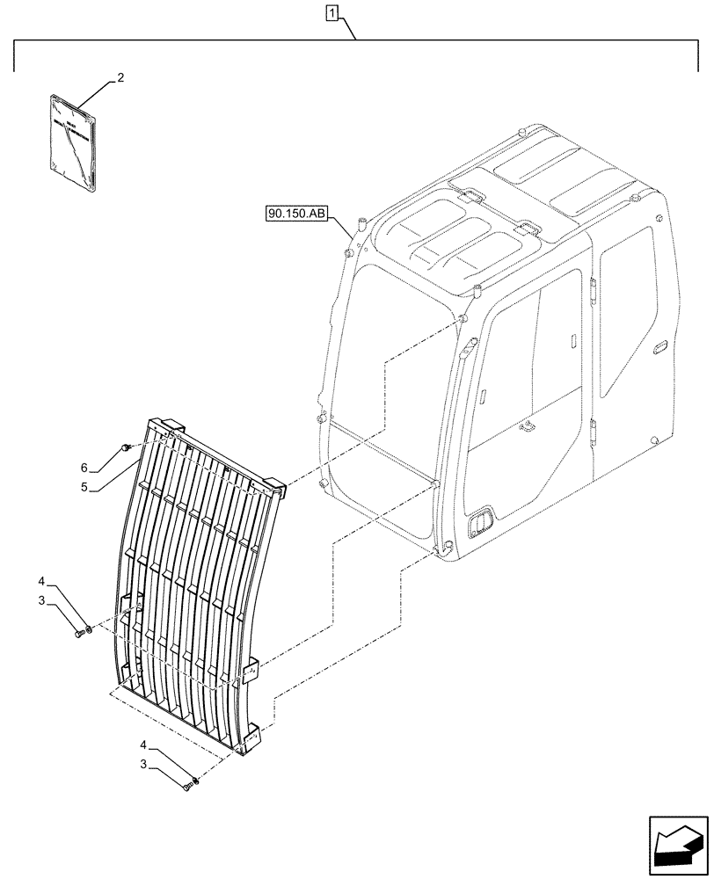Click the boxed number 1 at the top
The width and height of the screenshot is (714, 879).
331,13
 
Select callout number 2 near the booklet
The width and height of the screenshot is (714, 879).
120,78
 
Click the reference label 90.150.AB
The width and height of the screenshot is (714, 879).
295,214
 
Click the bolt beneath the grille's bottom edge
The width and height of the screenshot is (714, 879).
186,788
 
